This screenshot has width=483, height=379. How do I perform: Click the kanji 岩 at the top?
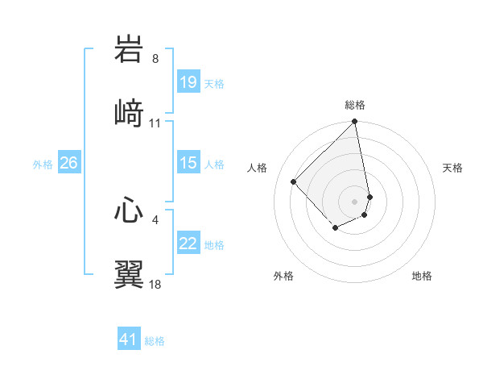(x=129, y=50)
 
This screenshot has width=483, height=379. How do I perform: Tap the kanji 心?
(x=129, y=211)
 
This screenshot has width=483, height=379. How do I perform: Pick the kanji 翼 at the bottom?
(x=129, y=273)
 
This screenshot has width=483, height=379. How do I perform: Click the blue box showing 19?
(x=188, y=82)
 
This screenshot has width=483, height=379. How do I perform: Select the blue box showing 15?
(x=188, y=163)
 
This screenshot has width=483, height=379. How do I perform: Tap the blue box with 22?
(x=188, y=244)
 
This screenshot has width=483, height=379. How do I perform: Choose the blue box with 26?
(x=68, y=163)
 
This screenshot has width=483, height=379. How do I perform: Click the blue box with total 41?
(x=129, y=339)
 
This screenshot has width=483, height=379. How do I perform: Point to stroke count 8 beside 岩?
(x=155, y=59)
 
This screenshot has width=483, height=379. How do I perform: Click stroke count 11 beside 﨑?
(x=155, y=123)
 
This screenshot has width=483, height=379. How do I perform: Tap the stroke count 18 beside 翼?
(x=155, y=284)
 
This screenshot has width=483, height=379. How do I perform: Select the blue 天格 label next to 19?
(x=214, y=83)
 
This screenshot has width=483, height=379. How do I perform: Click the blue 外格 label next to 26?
(x=43, y=164)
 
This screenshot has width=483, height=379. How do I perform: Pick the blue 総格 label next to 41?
(x=155, y=340)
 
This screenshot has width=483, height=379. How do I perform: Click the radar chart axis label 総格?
(x=355, y=105)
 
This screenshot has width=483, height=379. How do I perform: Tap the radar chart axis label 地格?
(x=422, y=276)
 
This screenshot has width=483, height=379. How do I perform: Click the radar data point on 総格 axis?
(x=355, y=123)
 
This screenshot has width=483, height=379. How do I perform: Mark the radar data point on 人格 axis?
(x=294, y=181)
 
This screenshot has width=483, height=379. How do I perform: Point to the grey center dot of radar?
(x=355, y=201)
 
